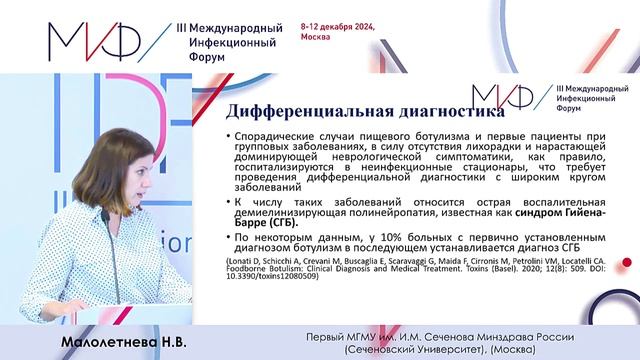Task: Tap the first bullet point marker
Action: point(231,136)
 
